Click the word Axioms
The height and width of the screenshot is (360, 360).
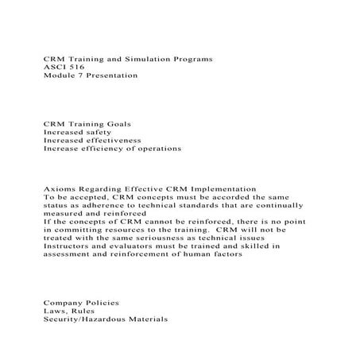(x=58, y=189)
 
